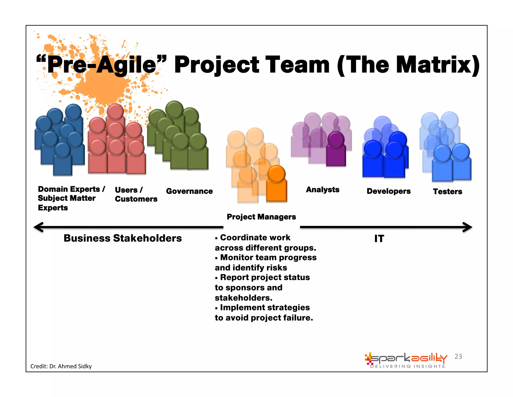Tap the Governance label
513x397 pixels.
click(189, 191)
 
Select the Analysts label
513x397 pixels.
click(323, 190)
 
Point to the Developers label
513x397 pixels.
click(389, 191)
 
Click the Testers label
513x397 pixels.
click(447, 191)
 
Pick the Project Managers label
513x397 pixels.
click(261, 217)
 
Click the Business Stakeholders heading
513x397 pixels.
click(122, 238)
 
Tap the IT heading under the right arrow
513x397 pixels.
click(379, 239)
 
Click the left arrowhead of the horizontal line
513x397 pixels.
click(38, 227)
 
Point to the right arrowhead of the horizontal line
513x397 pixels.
click(468, 227)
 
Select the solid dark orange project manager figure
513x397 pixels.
click(276, 184)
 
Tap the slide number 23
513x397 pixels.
click(458, 356)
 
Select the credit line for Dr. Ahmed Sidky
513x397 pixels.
click(61, 366)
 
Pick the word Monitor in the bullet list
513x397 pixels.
click(236, 257)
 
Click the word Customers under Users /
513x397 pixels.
click(136, 199)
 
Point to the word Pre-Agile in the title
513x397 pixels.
click(101, 65)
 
